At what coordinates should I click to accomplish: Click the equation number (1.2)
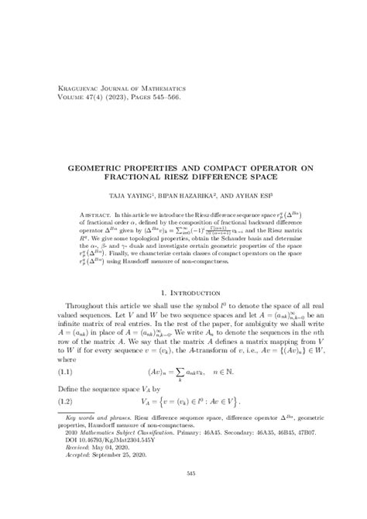tap(69, 424)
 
